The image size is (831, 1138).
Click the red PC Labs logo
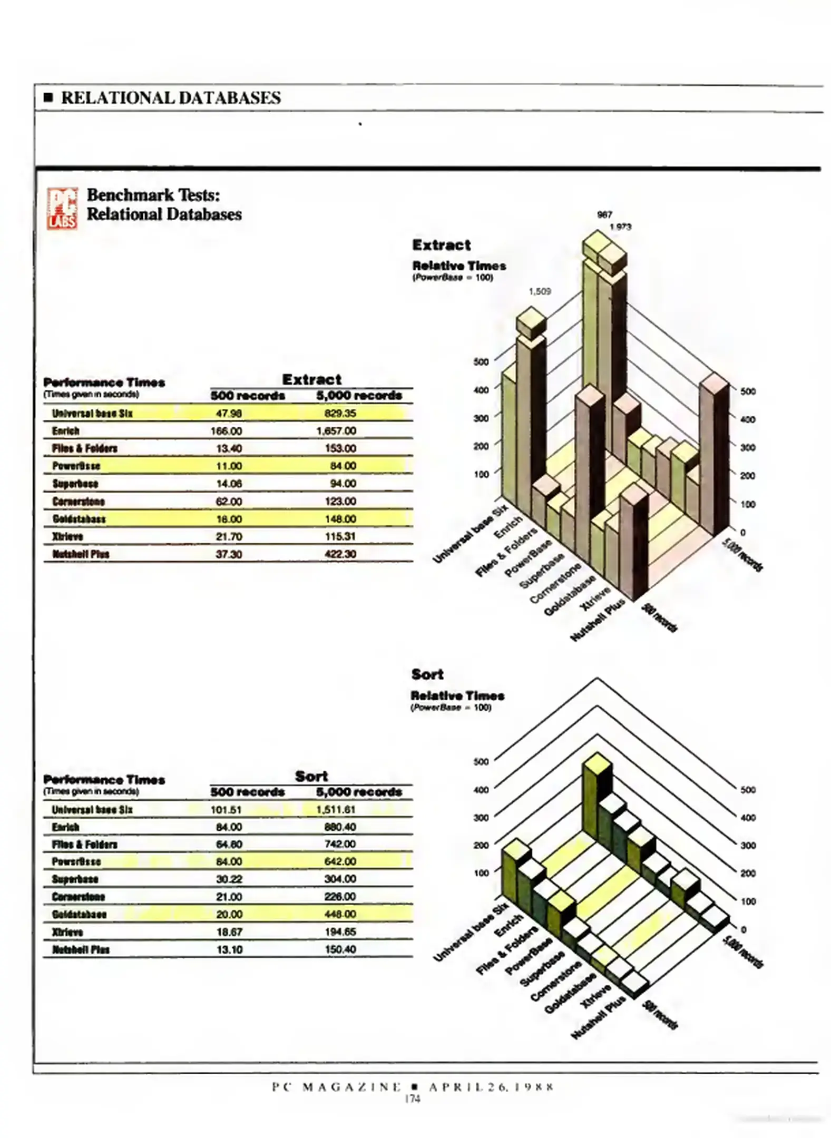click(62, 208)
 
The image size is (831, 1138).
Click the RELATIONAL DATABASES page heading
click(171, 98)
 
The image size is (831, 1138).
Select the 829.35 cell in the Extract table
click(340, 413)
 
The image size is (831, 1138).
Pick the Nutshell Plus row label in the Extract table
click(81, 554)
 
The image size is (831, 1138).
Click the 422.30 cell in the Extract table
click(340, 554)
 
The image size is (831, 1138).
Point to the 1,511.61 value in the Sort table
click(336, 809)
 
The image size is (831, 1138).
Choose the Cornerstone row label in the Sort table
click(79, 896)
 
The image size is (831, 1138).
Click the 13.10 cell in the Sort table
click(229, 949)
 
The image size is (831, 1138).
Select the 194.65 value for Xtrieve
click(340, 931)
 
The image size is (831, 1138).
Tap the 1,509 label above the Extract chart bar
click(540, 291)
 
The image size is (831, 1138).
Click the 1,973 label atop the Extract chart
click(620, 227)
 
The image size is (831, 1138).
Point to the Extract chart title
click(442, 245)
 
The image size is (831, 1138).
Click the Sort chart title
click(427, 674)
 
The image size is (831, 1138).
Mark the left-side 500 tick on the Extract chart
click(481, 362)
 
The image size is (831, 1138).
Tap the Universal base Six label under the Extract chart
click(471, 533)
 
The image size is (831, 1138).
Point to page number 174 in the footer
click(412, 1098)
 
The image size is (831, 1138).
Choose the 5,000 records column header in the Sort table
click(359, 792)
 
